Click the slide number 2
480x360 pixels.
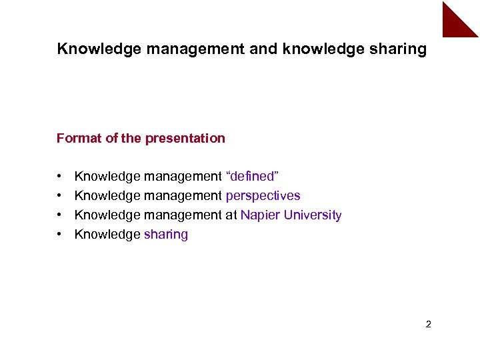pos(428,325)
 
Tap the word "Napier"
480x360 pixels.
pos(260,215)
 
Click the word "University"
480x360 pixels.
pos(313,215)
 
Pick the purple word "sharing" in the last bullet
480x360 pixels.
pos(166,234)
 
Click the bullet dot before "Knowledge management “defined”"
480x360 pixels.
pos(60,177)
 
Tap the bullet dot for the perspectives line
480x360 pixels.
pos(60,196)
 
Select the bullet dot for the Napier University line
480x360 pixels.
pos(60,215)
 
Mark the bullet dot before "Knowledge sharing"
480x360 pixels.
pos(60,235)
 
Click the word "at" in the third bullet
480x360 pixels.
pos(231,215)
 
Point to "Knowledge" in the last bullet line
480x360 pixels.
pos(107,234)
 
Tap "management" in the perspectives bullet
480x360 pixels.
pos(183,196)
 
